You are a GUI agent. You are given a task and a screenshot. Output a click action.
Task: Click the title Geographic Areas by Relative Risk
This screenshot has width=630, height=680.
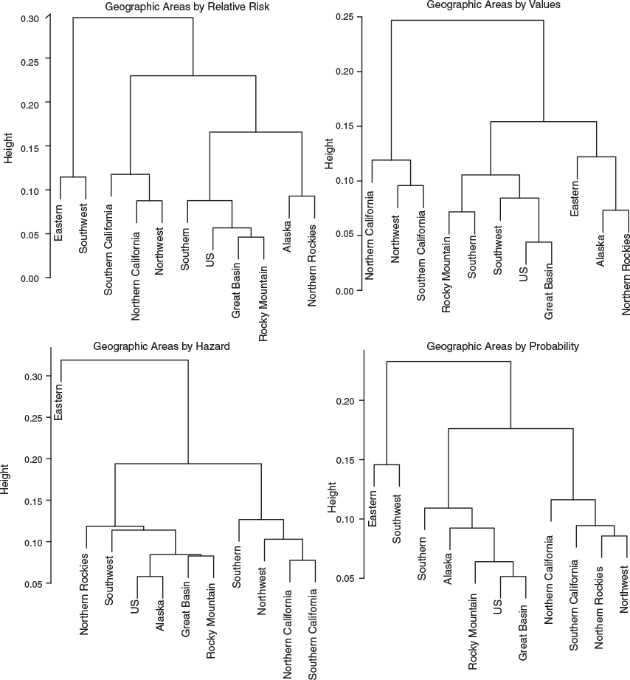187,7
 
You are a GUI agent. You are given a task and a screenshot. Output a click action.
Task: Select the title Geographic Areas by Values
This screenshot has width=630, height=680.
494,4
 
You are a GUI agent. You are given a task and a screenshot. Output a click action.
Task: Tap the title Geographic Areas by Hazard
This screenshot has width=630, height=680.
161,346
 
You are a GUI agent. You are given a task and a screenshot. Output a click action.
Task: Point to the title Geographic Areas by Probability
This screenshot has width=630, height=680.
502,346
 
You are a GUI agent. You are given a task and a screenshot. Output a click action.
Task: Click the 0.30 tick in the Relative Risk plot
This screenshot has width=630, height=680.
30,18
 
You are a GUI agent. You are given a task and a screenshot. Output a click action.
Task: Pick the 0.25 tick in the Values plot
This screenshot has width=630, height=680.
345,16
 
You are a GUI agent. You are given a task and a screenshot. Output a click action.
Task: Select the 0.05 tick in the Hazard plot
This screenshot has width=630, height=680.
33,584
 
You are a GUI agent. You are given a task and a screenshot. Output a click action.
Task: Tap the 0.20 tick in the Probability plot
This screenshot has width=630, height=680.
345,401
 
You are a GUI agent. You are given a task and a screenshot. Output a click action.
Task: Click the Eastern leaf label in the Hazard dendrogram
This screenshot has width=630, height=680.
58,402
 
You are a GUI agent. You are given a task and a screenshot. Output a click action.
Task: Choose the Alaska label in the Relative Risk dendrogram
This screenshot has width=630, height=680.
286,237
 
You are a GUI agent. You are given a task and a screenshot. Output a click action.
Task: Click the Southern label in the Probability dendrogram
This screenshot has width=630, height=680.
421,559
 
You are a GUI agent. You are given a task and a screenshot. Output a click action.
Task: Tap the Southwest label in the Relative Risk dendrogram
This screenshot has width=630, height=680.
83,229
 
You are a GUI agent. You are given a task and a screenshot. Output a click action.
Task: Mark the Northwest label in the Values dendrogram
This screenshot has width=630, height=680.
395,239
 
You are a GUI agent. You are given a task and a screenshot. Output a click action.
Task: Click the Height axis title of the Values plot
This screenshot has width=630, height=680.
329,154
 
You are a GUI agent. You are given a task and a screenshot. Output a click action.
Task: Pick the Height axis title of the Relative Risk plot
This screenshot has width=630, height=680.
8,148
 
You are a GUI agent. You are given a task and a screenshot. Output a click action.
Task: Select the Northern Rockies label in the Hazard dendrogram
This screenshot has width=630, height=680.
83,594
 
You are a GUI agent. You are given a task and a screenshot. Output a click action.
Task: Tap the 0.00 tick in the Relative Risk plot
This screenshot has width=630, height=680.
30,278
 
